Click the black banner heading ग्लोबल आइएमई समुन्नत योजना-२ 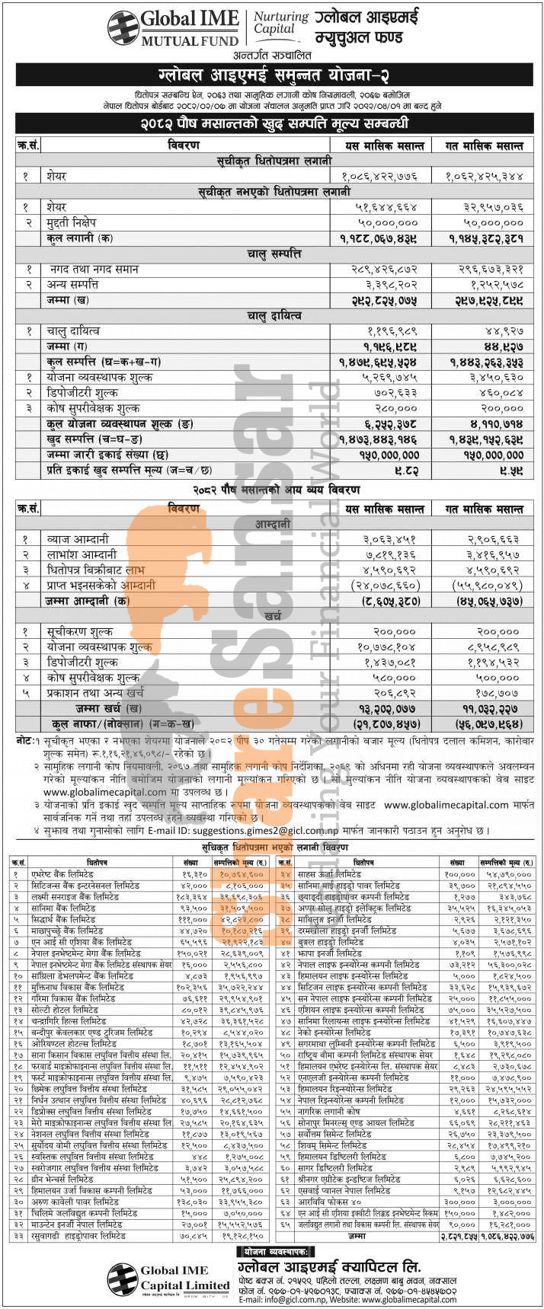click(272, 75)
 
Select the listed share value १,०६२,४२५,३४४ click(485, 176)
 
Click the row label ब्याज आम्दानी click(78, 539)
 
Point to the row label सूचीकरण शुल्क click(79, 631)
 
